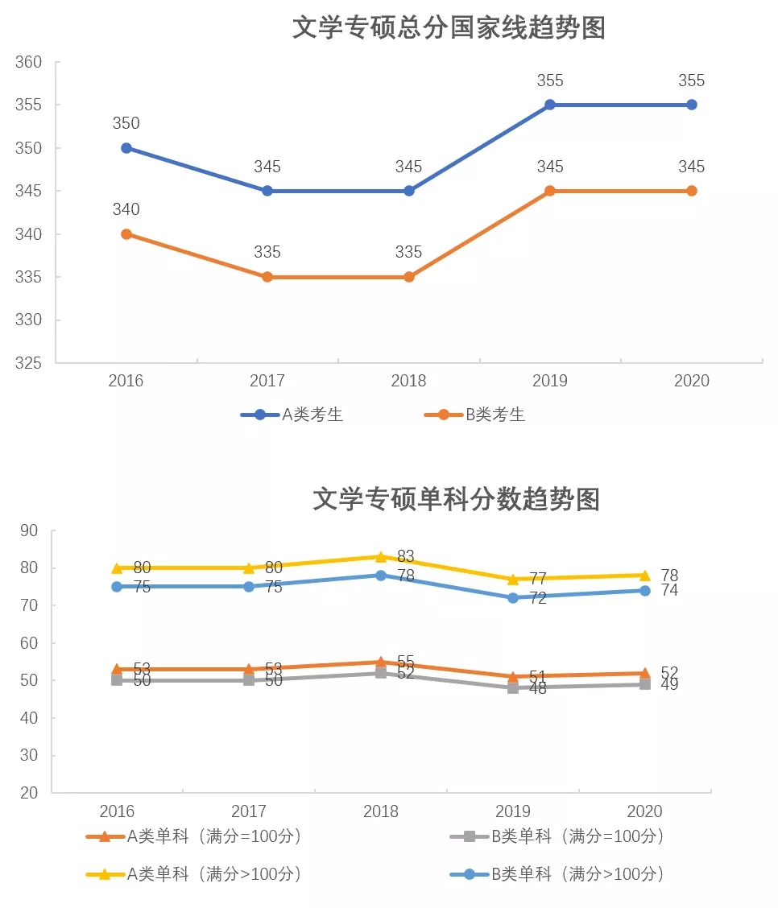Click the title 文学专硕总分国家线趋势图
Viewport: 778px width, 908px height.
click(x=448, y=29)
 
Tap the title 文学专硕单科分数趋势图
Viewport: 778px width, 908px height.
click(x=456, y=499)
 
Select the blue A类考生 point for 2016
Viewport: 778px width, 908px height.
click(x=126, y=148)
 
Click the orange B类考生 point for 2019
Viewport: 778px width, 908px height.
click(x=550, y=191)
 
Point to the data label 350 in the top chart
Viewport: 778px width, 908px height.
click(x=126, y=123)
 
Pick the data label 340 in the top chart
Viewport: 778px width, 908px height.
click(x=126, y=209)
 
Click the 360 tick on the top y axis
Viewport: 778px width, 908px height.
click(x=28, y=62)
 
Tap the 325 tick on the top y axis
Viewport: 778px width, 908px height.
click(x=28, y=363)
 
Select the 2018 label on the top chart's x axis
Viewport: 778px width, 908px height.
click(x=408, y=381)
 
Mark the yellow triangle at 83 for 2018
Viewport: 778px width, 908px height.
click(x=381, y=556)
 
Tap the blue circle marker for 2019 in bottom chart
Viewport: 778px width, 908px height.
click(x=513, y=597)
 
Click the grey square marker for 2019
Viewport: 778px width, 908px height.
click(x=513, y=688)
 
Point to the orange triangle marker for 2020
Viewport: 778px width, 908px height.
click(x=645, y=673)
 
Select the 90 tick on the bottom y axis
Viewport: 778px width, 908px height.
click(x=30, y=530)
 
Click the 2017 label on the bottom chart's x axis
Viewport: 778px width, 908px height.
click(x=249, y=811)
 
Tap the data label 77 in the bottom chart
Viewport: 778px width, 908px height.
click(x=538, y=579)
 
